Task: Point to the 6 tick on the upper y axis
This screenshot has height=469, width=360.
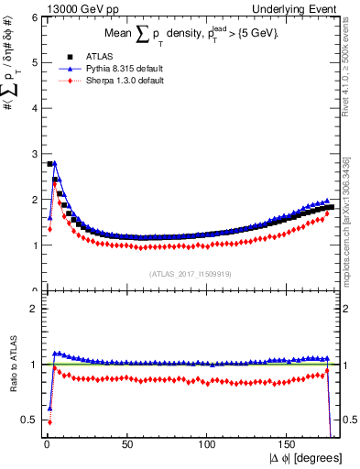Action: (x=33, y=16)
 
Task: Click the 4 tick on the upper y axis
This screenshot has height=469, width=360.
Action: (x=33, y=108)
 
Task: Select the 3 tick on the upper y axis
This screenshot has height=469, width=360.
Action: (x=33, y=154)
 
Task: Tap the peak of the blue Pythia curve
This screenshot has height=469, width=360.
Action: (x=55, y=163)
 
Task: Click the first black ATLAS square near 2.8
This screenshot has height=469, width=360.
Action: (x=49, y=164)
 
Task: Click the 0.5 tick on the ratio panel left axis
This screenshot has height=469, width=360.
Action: (x=29, y=420)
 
